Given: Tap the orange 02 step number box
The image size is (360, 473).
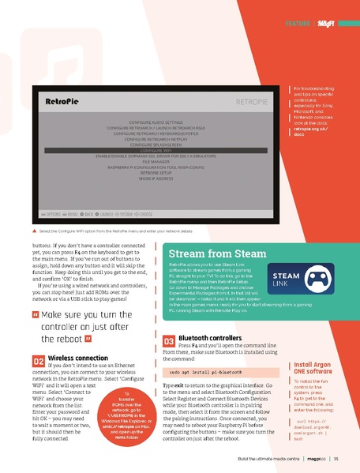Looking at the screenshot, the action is (x=38, y=361).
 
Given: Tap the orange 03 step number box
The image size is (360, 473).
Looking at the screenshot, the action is (x=168, y=341).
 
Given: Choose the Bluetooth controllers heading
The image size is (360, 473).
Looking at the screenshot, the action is (x=211, y=338).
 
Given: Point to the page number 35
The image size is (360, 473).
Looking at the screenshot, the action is (x=336, y=458).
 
